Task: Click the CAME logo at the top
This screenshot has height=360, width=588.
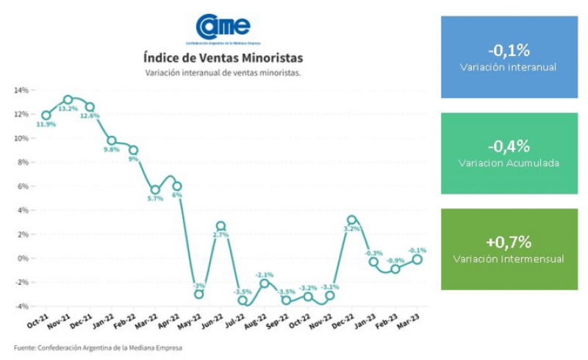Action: (x=223, y=29)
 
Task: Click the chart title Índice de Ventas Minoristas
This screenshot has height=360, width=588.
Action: (x=223, y=57)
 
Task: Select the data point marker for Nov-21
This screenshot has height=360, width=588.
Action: (x=68, y=99)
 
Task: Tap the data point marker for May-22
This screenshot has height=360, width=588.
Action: (x=198, y=294)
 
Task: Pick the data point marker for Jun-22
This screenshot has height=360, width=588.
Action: (x=220, y=226)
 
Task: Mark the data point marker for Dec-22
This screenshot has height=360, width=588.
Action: (x=352, y=220)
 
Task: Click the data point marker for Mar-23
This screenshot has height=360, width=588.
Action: (x=418, y=259)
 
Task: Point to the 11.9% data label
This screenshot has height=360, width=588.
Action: (x=46, y=125)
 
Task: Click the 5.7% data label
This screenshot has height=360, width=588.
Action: (x=155, y=199)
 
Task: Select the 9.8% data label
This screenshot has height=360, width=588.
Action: (x=112, y=150)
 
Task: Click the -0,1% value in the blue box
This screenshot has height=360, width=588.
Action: (x=509, y=50)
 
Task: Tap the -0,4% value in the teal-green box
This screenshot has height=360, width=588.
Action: (x=509, y=145)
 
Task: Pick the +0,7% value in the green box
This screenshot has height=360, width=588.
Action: (x=509, y=242)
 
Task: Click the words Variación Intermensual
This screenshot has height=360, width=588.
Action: (x=509, y=259)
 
